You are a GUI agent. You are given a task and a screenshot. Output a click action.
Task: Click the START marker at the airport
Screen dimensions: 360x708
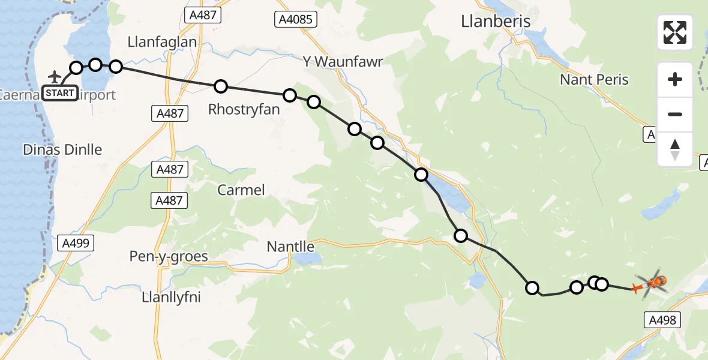[x=59, y=93]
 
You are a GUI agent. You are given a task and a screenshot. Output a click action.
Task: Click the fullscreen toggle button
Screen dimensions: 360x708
[x=675, y=32]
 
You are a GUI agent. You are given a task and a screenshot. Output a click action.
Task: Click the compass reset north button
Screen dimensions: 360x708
[x=675, y=149]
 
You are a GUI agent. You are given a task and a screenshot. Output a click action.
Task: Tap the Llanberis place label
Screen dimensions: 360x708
[x=496, y=22]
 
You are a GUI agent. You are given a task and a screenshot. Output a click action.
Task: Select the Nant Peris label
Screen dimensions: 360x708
[x=594, y=80]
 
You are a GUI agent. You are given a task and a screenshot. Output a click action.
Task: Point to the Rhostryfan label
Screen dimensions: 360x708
[x=238, y=109]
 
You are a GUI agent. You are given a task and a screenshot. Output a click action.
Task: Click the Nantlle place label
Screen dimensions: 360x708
[x=290, y=246]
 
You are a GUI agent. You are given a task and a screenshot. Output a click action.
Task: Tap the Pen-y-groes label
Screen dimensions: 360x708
[x=169, y=257]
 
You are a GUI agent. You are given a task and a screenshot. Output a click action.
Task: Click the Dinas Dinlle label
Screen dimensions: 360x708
[x=62, y=150]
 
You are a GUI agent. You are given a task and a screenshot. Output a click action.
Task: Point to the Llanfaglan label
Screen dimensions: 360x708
[x=162, y=42]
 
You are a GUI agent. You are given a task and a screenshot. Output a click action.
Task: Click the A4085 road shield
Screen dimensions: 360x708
[x=296, y=19]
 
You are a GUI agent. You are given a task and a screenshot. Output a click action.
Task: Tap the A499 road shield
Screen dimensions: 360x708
[x=75, y=243]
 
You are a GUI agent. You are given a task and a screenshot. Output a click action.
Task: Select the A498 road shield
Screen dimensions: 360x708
[x=663, y=320]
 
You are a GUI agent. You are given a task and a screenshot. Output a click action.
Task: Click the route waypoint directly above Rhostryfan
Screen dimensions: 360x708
[x=221, y=86]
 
